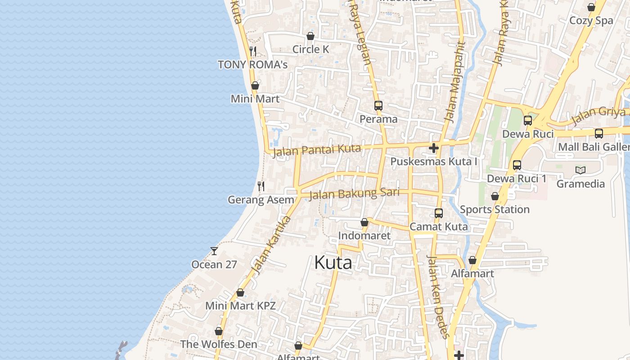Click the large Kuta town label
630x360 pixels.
click(x=333, y=262)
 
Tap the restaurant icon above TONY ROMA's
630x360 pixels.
click(x=253, y=51)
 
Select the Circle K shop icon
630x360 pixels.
click(x=310, y=36)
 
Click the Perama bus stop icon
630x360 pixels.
click(x=378, y=106)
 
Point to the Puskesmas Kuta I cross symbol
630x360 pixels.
click(x=433, y=148)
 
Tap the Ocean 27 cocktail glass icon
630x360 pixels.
click(x=214, y=251)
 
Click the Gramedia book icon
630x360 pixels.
click(x=580, y=170)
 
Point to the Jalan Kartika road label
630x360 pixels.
click(x=270, y=245)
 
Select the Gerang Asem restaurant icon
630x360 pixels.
click(x=261, y=186)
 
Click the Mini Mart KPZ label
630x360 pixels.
click(x=240, y=306)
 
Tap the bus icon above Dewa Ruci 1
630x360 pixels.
click(x=517, y=165)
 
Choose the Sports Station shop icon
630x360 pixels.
click(x=495, y=196)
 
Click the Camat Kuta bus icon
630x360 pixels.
click(x=438, y=213)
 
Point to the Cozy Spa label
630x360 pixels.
click(x=591, y=21)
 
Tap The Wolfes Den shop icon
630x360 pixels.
click(x=218, y=331)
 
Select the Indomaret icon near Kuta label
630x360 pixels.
click(x=364, y=222)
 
